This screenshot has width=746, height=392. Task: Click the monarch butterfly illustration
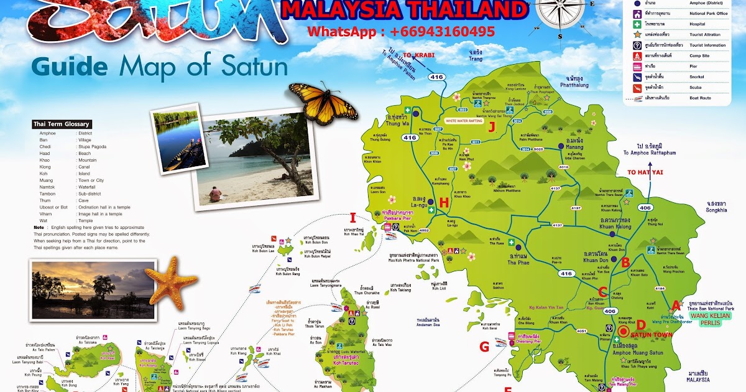(x=323, y=102)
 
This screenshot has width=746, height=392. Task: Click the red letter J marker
(x=491, y=128)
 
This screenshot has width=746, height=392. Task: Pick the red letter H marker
(x=443, y=202)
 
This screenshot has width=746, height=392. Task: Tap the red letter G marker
(x=484, y=347)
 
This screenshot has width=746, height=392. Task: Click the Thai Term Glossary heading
(x=62, y=124)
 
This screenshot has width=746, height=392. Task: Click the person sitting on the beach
(x=214, y=194)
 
